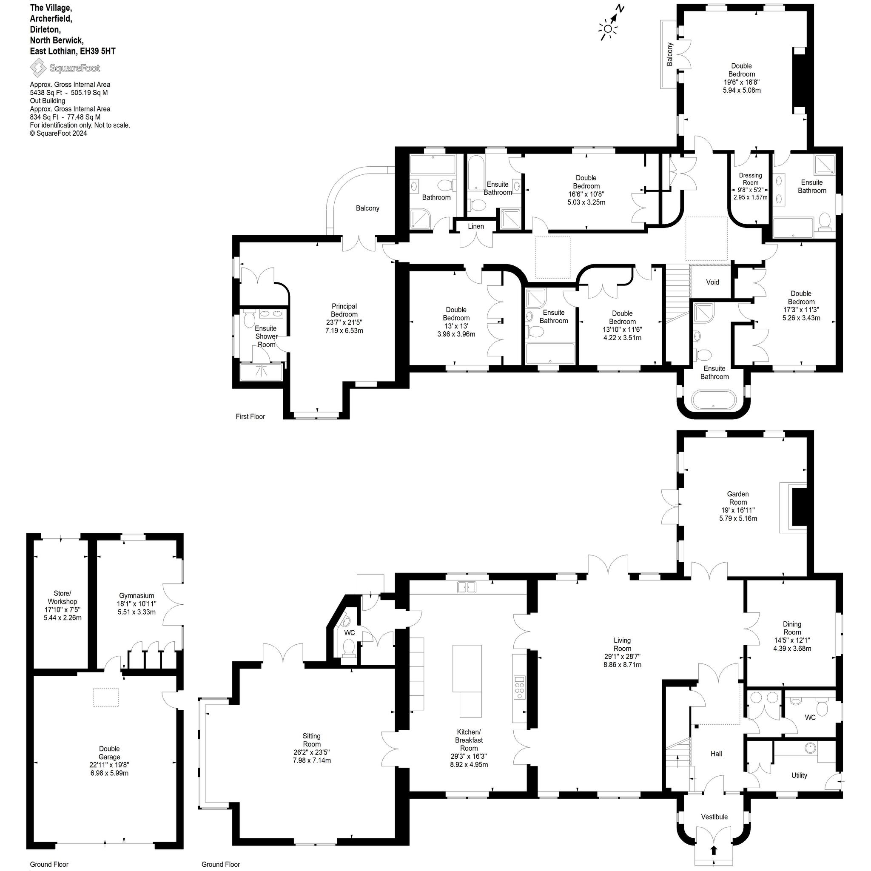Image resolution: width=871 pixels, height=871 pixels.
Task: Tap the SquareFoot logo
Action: click(65, 68)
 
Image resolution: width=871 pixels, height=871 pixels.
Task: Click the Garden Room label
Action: click(737, 498)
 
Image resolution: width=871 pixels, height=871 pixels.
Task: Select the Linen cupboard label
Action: click(475, 226)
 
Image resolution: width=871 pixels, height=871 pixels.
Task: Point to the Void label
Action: click(712, 282)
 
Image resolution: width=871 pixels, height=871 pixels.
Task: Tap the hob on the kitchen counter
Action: click(519, 688)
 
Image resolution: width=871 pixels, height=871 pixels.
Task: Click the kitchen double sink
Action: click(467, 587)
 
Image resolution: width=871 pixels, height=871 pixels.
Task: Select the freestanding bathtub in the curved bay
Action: click(714, 400)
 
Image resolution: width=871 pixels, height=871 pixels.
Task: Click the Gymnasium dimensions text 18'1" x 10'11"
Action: click(137, 603)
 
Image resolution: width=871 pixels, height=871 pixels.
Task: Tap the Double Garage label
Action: click(110, 753)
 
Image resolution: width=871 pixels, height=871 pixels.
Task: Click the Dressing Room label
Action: click(750, 179)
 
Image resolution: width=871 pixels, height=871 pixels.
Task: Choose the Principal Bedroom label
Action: click(344, 310)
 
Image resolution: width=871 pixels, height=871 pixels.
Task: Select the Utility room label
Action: click(799, 775)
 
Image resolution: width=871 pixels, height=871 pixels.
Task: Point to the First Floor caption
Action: click(250, 416)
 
